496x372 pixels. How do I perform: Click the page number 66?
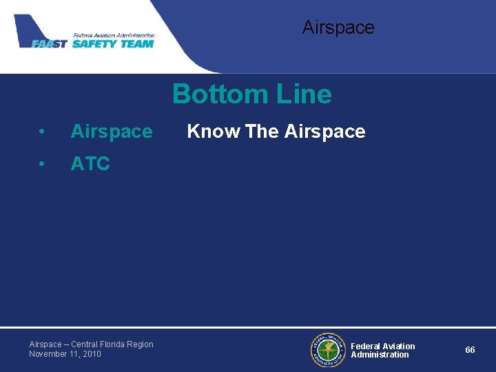coord(470,350)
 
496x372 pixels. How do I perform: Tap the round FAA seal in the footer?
coord(327,350)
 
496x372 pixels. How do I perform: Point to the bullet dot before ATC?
coord(43,164)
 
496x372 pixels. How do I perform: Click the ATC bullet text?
coord(90,164)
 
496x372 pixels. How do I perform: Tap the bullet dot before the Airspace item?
coord(43,132)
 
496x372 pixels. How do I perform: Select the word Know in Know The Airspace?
coord(214,131)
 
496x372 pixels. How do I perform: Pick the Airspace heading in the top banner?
coord(338,28)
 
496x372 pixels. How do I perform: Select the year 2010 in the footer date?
coord(91,354)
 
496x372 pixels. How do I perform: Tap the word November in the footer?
coord(48,354)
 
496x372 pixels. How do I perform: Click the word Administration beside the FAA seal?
coord(380,355)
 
